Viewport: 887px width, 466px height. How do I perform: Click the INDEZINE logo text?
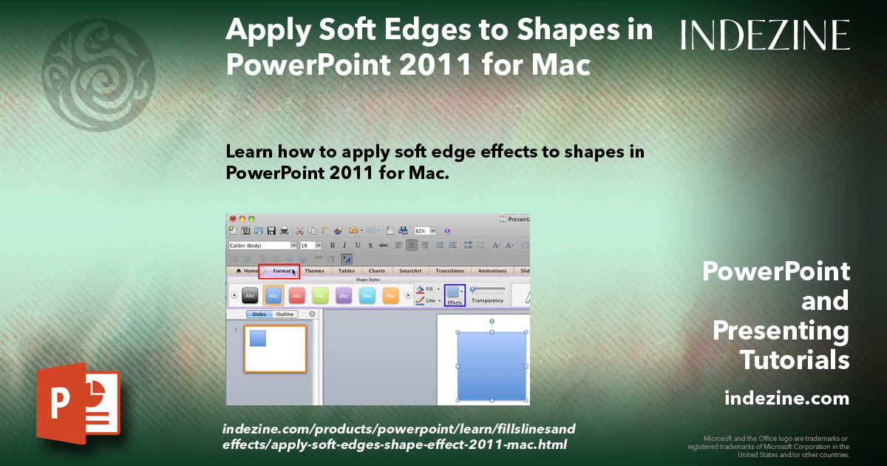click(x=765, y=35)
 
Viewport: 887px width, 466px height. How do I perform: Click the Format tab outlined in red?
click(x=279, y=271)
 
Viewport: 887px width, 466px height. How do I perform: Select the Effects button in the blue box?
click(x=455, y=295)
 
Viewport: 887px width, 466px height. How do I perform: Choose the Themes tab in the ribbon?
click(x=314, y=271)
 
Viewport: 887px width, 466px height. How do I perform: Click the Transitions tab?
click(x=449, y=271)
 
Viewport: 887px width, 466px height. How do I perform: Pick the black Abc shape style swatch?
click(x=250, y=295)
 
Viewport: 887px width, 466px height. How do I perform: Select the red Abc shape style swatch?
click(x=296, y=295)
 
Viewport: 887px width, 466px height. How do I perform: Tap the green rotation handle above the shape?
click(x=492, y=322)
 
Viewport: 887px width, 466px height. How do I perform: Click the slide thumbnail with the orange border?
click(x=275, y=348)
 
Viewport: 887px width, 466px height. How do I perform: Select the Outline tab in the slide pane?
click(x=285, y=314)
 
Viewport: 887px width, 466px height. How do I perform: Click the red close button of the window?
click(x=232, y=219)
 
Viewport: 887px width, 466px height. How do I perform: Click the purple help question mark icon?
click(x=447, y=231)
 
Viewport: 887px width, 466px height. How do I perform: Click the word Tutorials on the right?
click(x=795, y=360)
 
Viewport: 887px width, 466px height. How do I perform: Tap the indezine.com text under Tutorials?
click(x=786, y=399)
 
